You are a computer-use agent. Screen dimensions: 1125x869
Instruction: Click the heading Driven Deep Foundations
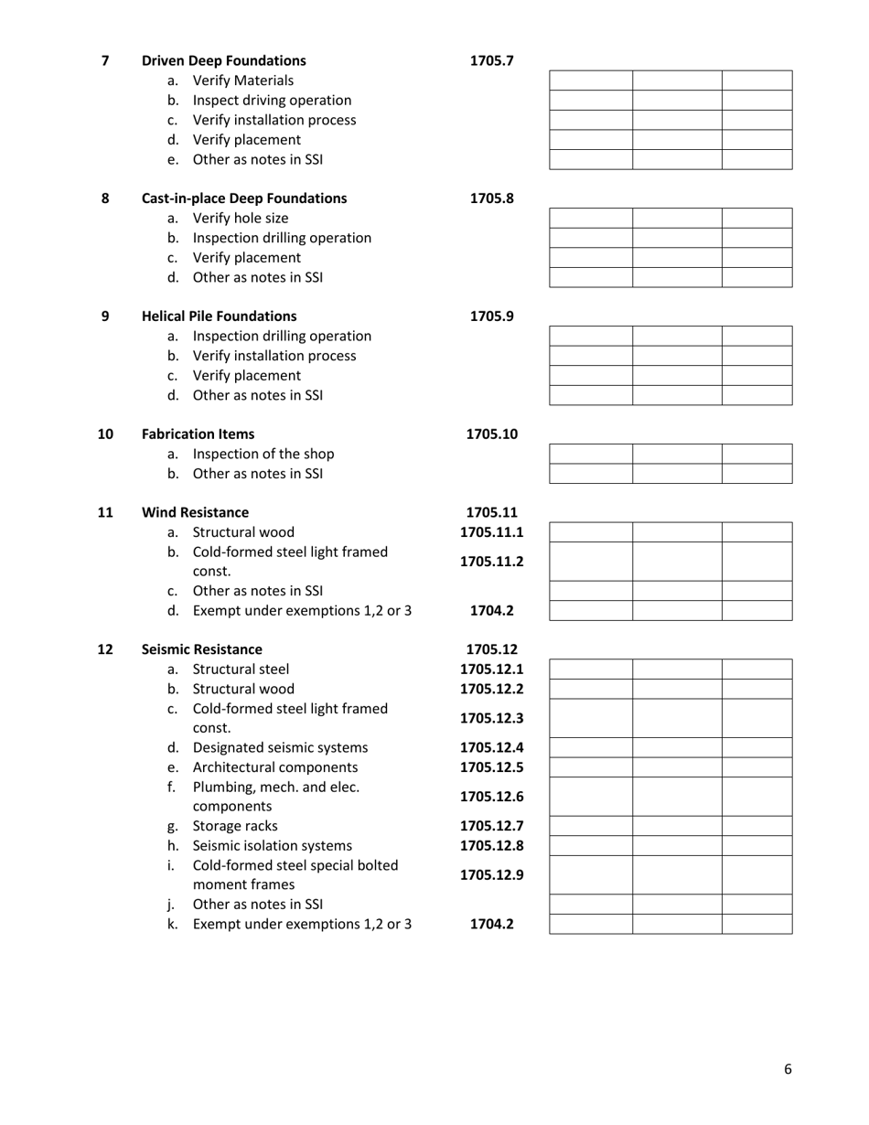pyautogui.click(x=224, y=61)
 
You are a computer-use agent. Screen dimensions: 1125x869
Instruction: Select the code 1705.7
pyautogui.click(x=491, y=61)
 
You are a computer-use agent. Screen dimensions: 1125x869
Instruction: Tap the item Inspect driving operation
pyautogui.click(x=272, y=101)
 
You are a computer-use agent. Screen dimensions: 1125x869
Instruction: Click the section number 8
pyautogui.click(x=105, y=198)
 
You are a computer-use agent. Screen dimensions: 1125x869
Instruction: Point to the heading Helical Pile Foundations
pyautogui.click(x=220, y=316)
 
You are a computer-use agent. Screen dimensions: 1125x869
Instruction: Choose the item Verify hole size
pyautogui.click(x=241, y=219)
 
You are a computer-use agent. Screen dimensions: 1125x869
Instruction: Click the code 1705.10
pyautogui.click(x=491, y=434)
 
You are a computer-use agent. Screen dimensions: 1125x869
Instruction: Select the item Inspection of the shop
pyautogui.click(x=263, y=455)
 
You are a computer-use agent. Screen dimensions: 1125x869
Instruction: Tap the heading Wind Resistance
pyautogui.click(x=195, y=512)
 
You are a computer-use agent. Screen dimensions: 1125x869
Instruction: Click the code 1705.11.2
pyautogui.click(x=491, y=562)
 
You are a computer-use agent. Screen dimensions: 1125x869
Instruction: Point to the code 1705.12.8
pyautogui.click(x=491, y=846)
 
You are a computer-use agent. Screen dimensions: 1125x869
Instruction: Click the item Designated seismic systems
pyautogui.click(x=280, y=748)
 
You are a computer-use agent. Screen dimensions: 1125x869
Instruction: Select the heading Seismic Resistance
pyautogui.click(x=202, y=649)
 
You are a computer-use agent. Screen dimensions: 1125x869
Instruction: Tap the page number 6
pyautogui.click(x=788, y=1069)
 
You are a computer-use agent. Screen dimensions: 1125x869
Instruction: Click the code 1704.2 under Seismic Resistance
pyautogui.click(x=491, y=925)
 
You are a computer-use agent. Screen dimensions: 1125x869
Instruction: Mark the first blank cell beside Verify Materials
pyautogui.click(x=590, y=80)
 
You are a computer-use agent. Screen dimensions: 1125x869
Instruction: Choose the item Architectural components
pyautogui.click(x=275, y=767)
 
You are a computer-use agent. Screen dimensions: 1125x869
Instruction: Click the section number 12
pyautogui.click(x=105, y=649)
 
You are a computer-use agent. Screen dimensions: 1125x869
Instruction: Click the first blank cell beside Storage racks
pyautogui.click(x=590, y=827)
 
